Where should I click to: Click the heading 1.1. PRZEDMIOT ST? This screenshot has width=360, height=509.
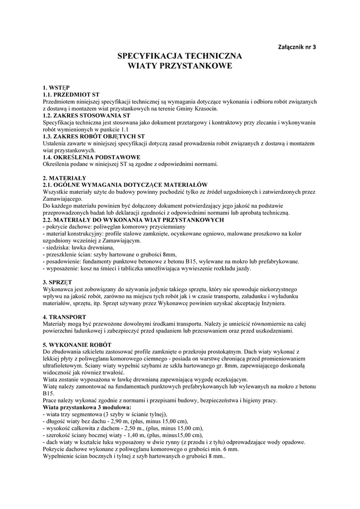72,94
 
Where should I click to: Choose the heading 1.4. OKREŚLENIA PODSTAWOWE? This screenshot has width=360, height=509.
91,157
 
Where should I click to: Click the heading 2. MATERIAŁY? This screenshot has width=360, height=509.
65,177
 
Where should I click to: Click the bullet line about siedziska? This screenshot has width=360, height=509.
79,247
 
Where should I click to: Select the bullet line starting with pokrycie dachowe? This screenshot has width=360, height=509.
93,226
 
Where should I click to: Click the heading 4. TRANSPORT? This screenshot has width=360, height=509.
65,317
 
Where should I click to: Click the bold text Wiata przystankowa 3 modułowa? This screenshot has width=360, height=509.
87,407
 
